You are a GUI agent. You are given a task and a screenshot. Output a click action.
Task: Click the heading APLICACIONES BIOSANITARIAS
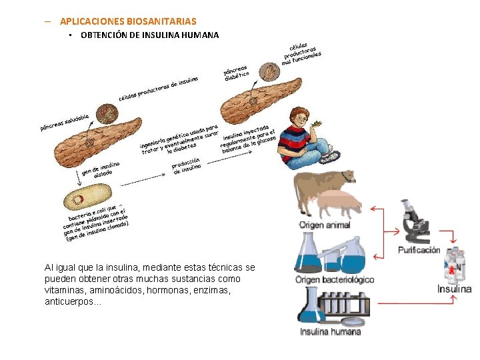pyautogui.click(x=128, y=21)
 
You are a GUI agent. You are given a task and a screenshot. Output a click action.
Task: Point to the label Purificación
pyautogui.click(x=419, y=250)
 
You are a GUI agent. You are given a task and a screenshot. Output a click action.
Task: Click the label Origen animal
pyautogui.click(x=325, y=225)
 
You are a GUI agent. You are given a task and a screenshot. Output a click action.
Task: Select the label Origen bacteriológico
pyautogui.click(x=335, y=279)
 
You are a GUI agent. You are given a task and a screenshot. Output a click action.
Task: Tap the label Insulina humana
pyautogui.click(x=330, y=331)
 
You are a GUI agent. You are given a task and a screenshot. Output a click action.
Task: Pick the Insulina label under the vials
pyautogui.click(x=455, y=289)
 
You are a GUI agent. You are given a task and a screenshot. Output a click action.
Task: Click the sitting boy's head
pyautogui.click(x=301, y=119)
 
